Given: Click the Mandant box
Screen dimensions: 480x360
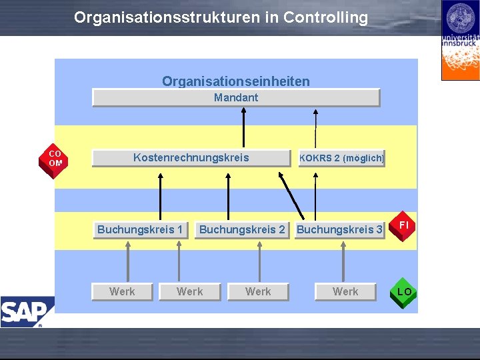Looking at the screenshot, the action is coord(236,98).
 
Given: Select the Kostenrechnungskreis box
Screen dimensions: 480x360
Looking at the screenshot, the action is coord(191,158).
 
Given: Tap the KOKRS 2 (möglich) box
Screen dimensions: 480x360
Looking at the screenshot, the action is coord(341,159).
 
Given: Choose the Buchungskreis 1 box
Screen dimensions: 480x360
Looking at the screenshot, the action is coord(140,230).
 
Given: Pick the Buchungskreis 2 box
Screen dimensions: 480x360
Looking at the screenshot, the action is coord(242,230).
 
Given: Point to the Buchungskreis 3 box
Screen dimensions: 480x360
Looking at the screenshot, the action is coord(339,230).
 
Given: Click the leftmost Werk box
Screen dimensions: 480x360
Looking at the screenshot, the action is coord(122,292).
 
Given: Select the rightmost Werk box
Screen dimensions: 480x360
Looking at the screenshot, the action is coord(345,292).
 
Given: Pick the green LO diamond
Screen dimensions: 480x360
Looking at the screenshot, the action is coord(404,292).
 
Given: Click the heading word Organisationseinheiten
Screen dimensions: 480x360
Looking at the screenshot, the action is coord(236,81).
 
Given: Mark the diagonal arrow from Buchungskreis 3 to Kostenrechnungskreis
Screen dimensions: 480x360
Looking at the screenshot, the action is coord(291,196).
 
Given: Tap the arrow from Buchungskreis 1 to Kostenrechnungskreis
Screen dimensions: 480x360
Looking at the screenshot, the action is coord(160,196).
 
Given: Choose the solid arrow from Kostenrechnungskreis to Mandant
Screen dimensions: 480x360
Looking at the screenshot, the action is coord(245,128).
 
